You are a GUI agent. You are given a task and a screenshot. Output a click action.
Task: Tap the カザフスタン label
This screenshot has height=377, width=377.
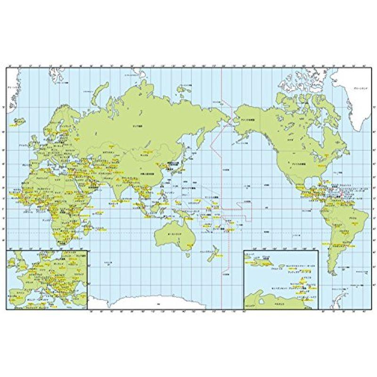click(x=109, y=153)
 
